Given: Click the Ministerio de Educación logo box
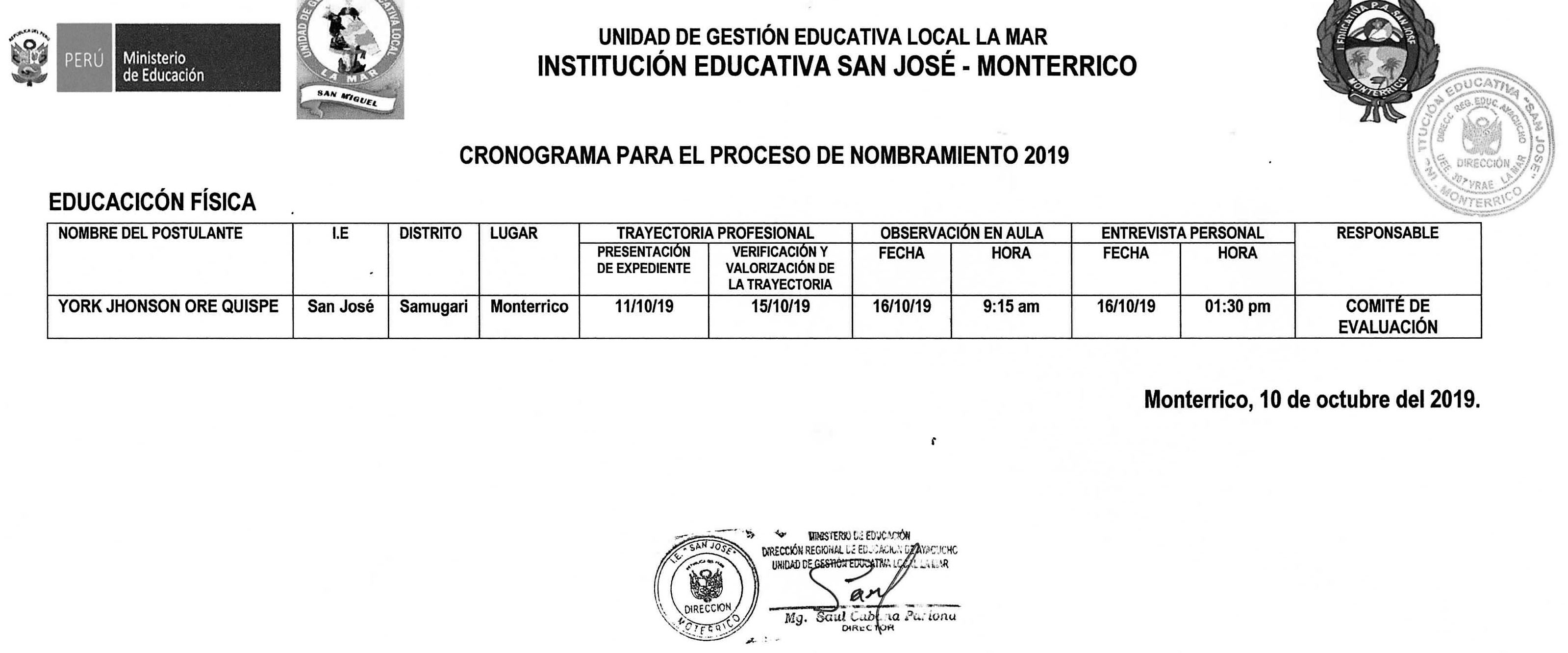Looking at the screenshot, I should [x=169, y=58].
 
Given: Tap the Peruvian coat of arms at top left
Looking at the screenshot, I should [x=28, y=59].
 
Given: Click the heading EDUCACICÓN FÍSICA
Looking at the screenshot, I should [x=152, y=202].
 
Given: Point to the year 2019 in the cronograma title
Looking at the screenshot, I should [x=1046, y=156].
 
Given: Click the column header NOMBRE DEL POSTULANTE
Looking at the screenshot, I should [x=151, y=233].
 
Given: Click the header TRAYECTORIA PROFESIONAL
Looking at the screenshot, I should [x=715, y=233].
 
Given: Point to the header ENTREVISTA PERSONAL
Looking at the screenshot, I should [x=1183, y=233].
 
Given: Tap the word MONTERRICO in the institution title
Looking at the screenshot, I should [x=1057, y=66].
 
